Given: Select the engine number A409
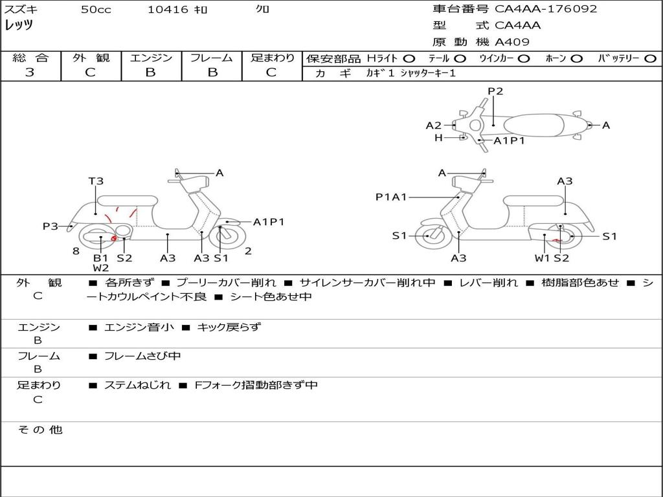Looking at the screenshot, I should (x=512, y=42).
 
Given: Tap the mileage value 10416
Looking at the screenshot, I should (x=168, y=10).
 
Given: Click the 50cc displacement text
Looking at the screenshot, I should (x=96, y=10).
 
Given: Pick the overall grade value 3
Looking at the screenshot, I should (x=30, y=72).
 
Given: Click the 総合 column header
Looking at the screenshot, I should (x=30, y=58).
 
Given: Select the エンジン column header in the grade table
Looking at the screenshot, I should (x=151, y=58).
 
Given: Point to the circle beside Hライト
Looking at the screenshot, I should (x=409, y=58).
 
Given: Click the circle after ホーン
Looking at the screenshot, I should (x=576, y=58).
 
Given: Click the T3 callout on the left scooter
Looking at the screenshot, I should (x=96, y=181).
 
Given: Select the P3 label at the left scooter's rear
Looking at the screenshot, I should (x=51, y=226).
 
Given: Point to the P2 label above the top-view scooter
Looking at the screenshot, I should (x=495, y=91).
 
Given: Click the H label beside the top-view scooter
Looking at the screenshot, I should (x=438, y=138).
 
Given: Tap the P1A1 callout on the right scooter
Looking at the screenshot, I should (x=391, y=197).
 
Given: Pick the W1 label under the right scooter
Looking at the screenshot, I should (x=541, y=258).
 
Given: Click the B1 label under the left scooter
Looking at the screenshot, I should (x=100, y=258).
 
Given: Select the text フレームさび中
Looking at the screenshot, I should (x=142, y=356).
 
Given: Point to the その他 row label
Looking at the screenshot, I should (x=40, y=430).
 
